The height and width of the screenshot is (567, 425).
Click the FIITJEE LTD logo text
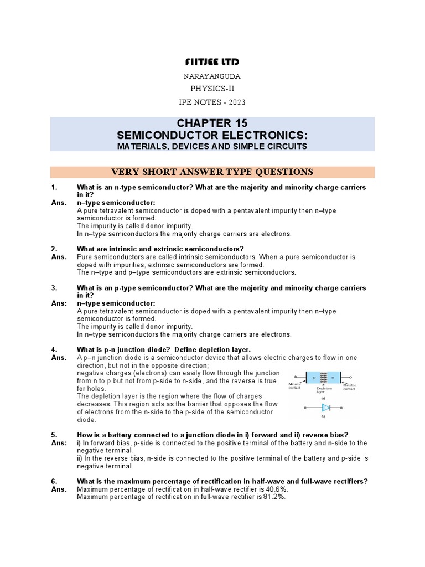click(212, 61)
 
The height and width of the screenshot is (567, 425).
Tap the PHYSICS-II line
click(212, 90)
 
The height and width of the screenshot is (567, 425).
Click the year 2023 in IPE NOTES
click(236, 102)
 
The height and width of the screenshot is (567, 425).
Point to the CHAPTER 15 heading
click(212, 123)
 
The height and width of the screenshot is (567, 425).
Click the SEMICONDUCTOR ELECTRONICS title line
click(212, 136)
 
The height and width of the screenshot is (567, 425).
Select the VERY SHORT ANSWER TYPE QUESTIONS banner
click(212, 172)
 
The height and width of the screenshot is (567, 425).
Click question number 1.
click(54, 188)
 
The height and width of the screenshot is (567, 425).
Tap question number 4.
click(54, 349)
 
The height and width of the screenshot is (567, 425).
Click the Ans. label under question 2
click(59, 257)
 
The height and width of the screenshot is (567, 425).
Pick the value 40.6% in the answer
click(274, 489)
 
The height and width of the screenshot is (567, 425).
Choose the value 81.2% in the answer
click(271, 497)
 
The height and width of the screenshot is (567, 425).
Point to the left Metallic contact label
click(295, 385)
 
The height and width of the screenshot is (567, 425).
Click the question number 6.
click(54, 482)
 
